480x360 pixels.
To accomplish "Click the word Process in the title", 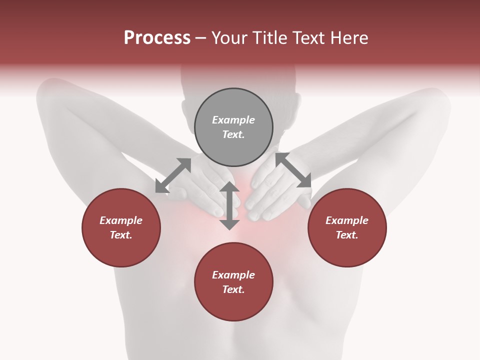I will [157, 38].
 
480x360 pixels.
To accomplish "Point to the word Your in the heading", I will [229, 38].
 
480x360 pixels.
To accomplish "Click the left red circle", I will [121, 227].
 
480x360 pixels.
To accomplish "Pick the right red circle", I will [347, 227].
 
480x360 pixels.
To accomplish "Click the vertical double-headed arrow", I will [229, 205].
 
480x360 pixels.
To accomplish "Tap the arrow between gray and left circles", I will [173, 175].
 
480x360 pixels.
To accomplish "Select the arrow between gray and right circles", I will [293, 170].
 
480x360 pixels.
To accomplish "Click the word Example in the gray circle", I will [233, 120].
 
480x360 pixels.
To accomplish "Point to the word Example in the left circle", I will [121, 220].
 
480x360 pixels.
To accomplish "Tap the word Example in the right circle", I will [347, 220].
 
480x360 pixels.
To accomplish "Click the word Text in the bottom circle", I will [233, 289].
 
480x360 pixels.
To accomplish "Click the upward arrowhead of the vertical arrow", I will [229, 186].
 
